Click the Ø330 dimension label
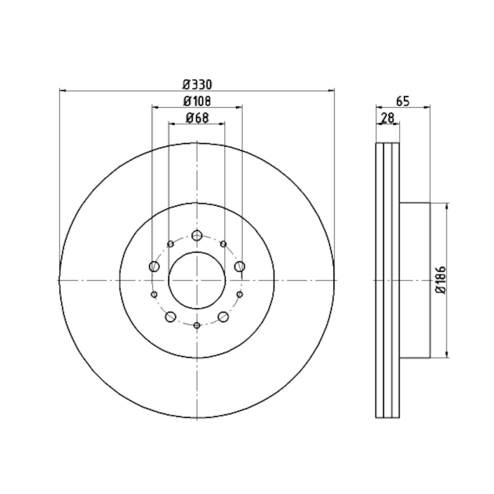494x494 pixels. (197, 85)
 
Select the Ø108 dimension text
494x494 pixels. (197, 101)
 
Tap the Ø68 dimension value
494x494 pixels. (197, 118)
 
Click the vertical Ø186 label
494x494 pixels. (441, 280)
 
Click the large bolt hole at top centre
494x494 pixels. (197, 235)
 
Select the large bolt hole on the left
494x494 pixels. (154, 266)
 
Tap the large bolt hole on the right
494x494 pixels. (240, 266)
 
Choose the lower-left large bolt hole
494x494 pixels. (170, 317)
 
